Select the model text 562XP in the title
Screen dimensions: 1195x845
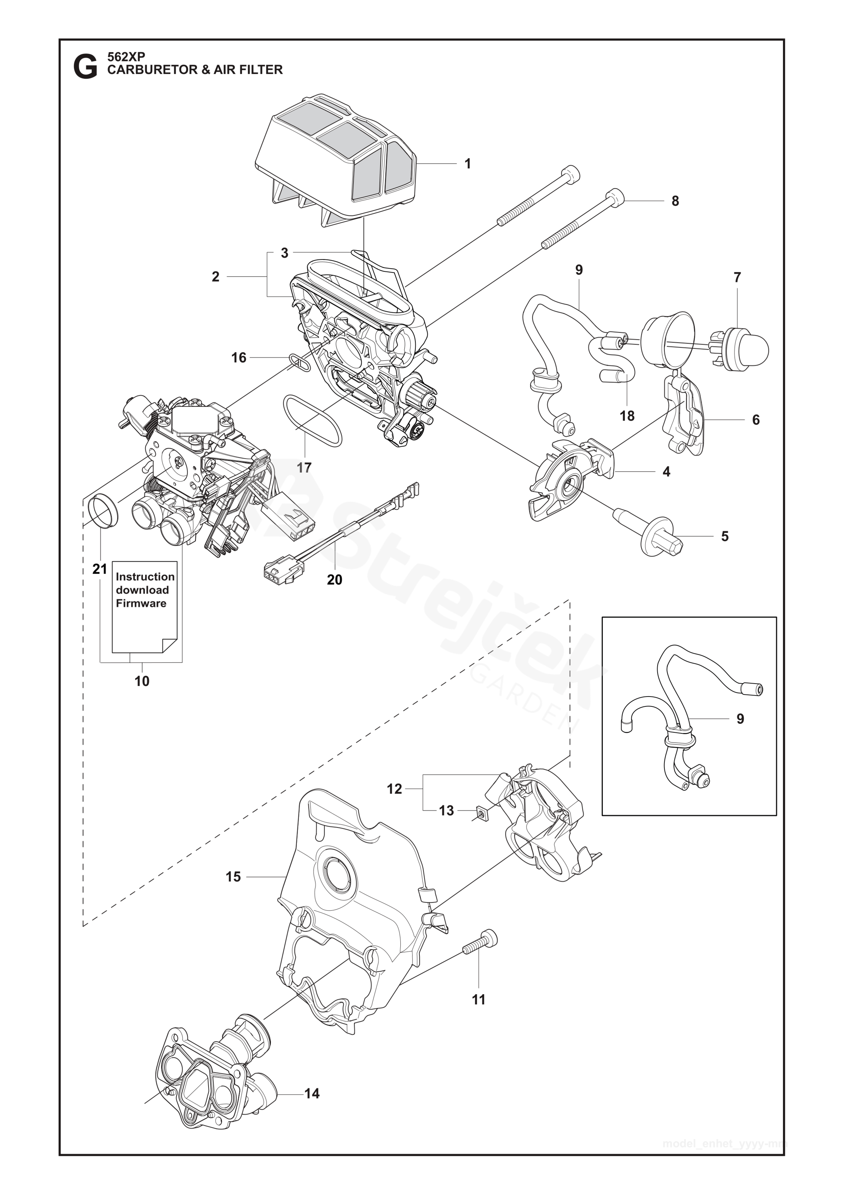(x=126, y=57)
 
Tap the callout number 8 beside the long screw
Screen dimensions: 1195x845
(x=675, y=201)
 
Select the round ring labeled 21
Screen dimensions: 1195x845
(x=104, y=513)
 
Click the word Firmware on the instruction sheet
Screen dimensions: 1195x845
(x=141, y=603)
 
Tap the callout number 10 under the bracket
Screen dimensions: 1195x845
(x=142, y=681)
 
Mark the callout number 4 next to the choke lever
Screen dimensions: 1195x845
(x=666, y=472)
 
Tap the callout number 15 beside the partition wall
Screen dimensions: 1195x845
(x=233, y=877)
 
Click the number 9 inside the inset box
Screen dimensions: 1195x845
(x=740, y=719)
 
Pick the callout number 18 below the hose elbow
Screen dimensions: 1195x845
(x=627, y=416)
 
